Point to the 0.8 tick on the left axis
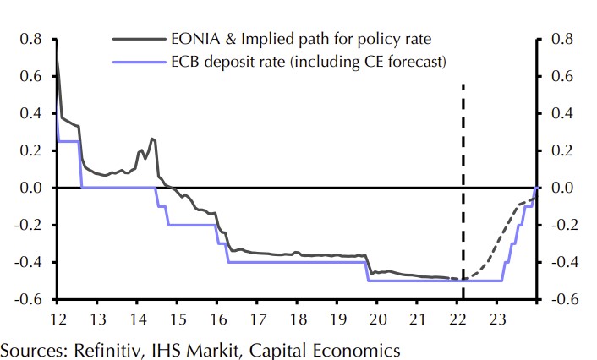click(30, 40)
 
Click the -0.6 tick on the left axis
click(29, 299)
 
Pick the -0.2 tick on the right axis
click(563, 225)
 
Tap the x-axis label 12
click(57, 319)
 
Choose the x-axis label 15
click(177, 319)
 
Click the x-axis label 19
click(337, 319)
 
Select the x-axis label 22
click(457, 319)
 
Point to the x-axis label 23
click(498, 319)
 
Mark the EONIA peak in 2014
click(152, 139)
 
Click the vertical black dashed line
click(463, 169)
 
